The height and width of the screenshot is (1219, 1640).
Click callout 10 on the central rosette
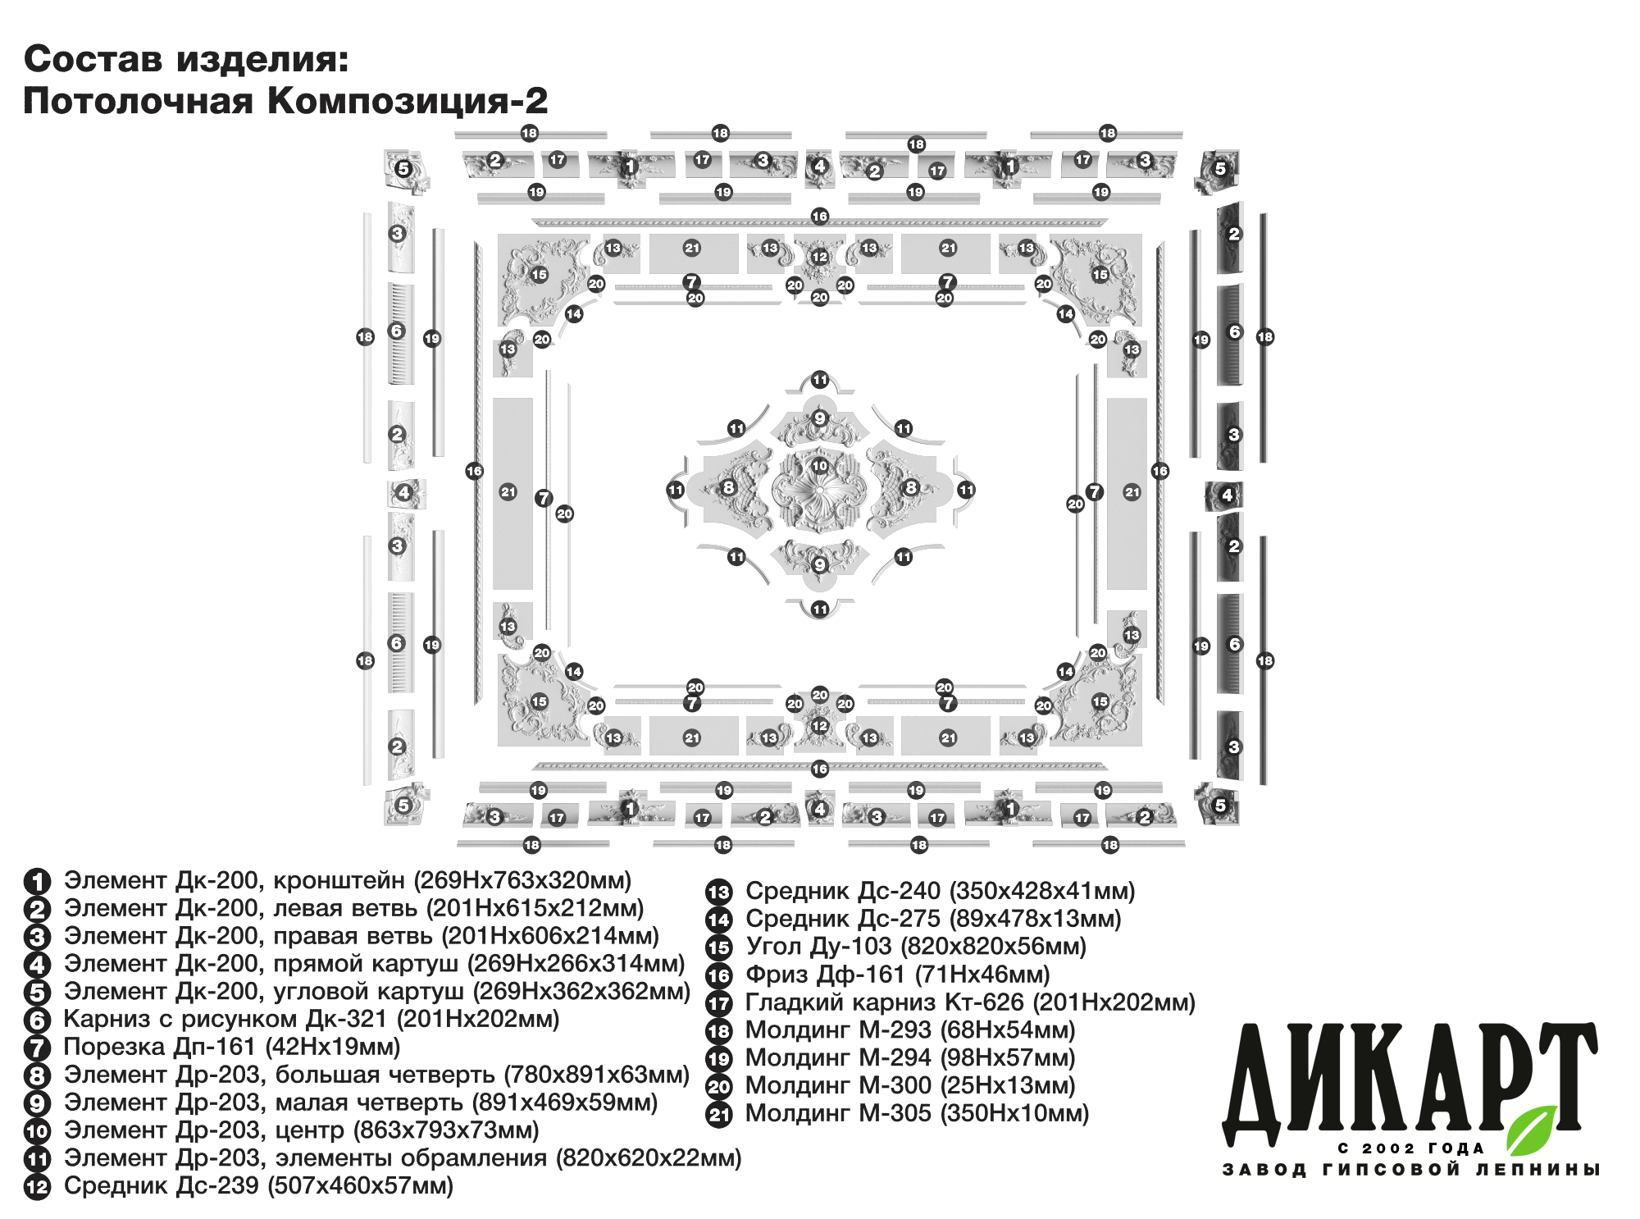pyautogui.click(x=820, y=466)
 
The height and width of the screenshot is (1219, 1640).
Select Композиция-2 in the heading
pyautogui.click(x=408, y=101)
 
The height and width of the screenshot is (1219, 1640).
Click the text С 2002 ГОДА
pyautogui.click(x=1410, y=1148)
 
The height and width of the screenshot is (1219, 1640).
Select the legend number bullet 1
pyautogui.click(x=37, y=881)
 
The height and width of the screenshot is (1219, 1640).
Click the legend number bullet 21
pyautogui.click(x=719, y=1114)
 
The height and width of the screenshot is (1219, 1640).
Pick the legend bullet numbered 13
pyautogui.click(x=719, y=892)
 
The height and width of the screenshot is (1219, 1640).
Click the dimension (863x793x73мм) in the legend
pyautogui.click(x=446, y=1130)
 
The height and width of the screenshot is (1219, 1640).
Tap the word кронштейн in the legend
pyautogui.click(x=339, y=880)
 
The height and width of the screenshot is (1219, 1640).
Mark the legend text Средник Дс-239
pyautogui.click(x=161, y=1185)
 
